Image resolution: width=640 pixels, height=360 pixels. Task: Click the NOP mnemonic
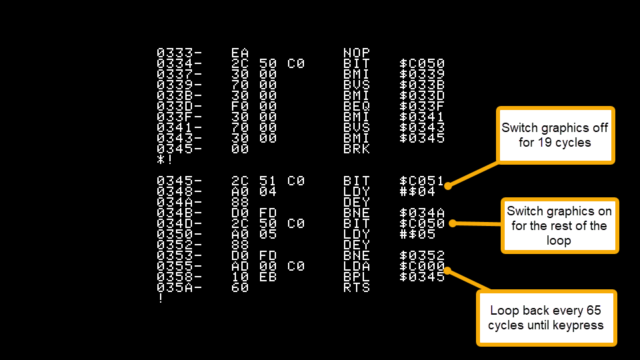[356, 53]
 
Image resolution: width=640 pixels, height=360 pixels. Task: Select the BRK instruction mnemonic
[356, 149]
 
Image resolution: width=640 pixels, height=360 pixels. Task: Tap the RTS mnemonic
[356, 288]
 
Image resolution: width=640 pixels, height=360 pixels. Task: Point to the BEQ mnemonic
[356, 107]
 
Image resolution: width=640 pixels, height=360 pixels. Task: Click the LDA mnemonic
[356, 267]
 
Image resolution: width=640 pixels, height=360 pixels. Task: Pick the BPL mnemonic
[356, 277]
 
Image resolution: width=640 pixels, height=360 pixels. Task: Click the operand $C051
[421, 181]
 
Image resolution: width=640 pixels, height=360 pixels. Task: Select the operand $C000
[421, 267]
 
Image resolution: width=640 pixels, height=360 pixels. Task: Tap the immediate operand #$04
[417, 191]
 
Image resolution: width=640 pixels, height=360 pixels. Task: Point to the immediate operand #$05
[417, 234]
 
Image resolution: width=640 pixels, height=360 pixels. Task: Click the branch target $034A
[421, 213]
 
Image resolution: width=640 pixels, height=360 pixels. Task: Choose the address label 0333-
[179, 53]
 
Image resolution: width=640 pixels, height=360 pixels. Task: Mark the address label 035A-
[179, 288]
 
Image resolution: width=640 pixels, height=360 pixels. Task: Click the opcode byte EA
[239, 53]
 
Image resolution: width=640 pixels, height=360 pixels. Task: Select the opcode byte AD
[239, 267]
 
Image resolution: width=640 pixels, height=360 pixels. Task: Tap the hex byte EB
[268, 277]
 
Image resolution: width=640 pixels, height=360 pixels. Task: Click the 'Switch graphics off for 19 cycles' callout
[555, 135]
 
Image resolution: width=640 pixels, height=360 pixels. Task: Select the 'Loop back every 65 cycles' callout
[546, 318]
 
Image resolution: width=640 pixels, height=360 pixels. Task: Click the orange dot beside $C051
[448, 186]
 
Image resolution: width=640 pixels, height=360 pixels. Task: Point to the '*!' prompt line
[165, 159]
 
